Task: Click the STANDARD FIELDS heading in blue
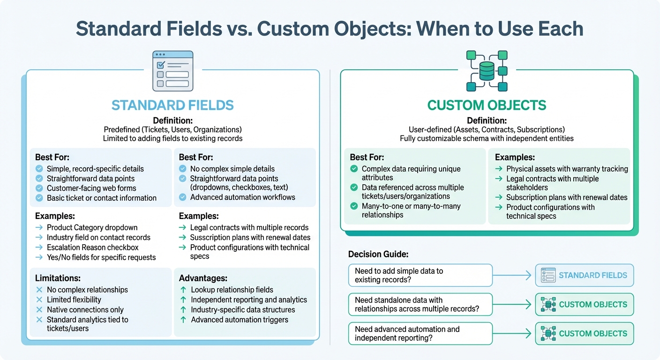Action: click(172, 105)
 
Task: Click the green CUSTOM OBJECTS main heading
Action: click(487, 105)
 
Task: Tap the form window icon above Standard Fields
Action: click(172, 71)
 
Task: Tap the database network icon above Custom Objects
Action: click(487, 71)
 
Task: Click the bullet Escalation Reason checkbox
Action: click(92, 247)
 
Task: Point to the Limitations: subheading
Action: click(58, 278)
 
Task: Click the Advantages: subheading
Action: click(203, 278)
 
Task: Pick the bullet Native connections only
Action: click(85, 309)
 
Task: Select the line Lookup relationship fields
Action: click(232, 290)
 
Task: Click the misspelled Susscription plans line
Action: click(250, 237)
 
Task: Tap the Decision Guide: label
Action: click(378, 254)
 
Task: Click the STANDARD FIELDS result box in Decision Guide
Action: click(584, 275)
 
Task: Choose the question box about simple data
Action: click(420, 275)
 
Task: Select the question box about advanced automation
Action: click(420, 333)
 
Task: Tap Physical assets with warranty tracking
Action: click(567, 169)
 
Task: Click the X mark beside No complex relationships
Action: click(39, 290)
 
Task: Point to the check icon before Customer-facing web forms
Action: click(39, 188)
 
